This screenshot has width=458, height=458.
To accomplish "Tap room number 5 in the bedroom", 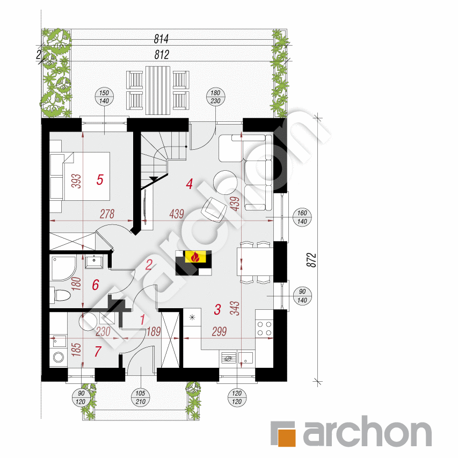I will coord(100,180).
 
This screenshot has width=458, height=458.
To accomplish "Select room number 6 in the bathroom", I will coord(96,285).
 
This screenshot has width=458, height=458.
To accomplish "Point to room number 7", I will coord(98,352).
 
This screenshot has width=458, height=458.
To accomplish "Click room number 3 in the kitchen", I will coord(217,309).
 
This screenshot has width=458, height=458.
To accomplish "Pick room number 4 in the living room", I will coord(189,184).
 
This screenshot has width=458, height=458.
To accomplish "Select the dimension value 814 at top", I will coord(162,39).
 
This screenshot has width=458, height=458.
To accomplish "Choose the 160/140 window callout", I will coord(301,217).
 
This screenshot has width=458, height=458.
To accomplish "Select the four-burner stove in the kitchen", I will coord(265,329).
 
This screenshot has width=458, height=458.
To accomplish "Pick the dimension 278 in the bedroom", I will coord(108,214).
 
